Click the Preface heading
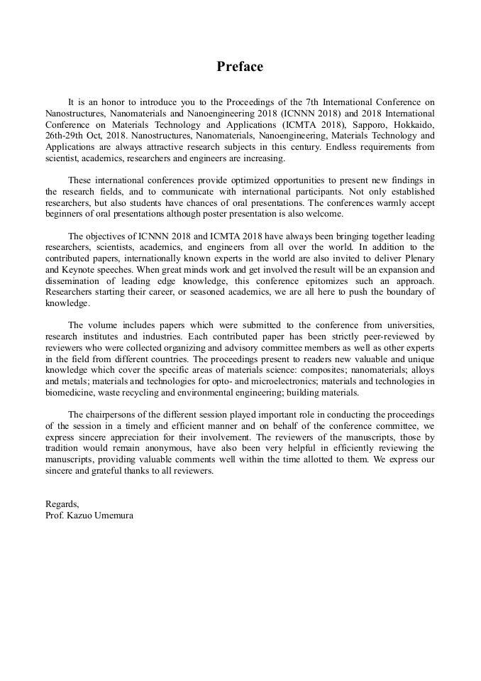[x=240, y=67]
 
